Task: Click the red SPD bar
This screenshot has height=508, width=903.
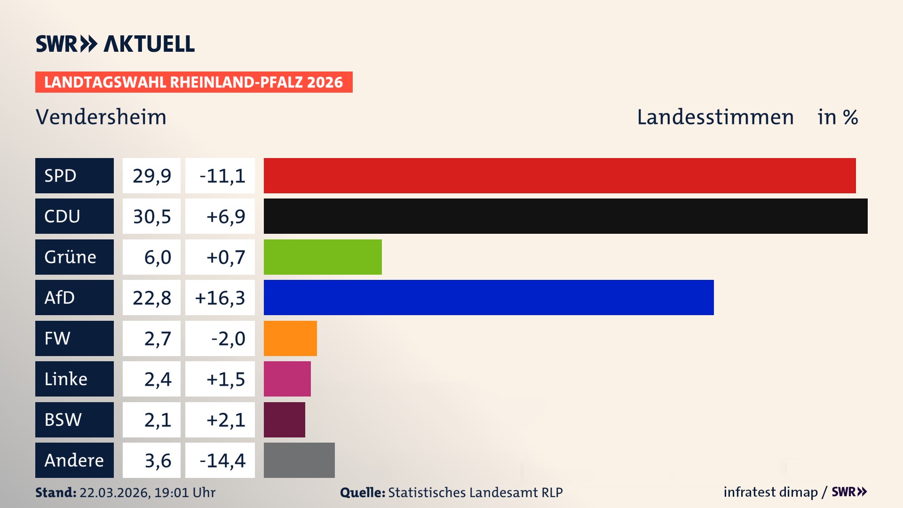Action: pos(560,175)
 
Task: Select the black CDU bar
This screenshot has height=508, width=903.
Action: pos(565,216)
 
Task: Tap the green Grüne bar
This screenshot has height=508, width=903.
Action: pos(323,257)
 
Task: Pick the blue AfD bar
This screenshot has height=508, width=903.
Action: pos(489,297)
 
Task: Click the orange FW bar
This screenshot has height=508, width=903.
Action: pos(290,338)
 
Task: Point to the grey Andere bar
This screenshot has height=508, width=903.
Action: pos(299,460)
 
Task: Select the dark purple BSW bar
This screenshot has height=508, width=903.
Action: pos(284,420)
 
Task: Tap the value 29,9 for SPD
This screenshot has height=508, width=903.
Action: pos(151,176)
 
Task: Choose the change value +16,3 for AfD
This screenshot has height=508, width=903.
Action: pos(220,298)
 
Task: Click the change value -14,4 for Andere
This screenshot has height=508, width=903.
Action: pos(222,460)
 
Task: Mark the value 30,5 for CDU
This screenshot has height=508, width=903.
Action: pos(151,216)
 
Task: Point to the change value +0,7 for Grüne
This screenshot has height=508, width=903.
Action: pos(225,257)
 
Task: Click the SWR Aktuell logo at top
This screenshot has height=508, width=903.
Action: pos(115,44)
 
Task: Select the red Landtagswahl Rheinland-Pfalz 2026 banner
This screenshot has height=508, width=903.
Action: pos(193,82)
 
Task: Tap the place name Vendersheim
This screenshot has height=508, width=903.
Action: pos(101,117)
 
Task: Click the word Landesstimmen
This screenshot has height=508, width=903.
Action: pos(715,117)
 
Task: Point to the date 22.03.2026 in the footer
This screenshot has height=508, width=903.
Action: pos(114,492)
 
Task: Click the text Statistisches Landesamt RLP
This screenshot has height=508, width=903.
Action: pos(475,492)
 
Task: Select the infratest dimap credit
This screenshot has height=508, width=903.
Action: pos(770,492)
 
